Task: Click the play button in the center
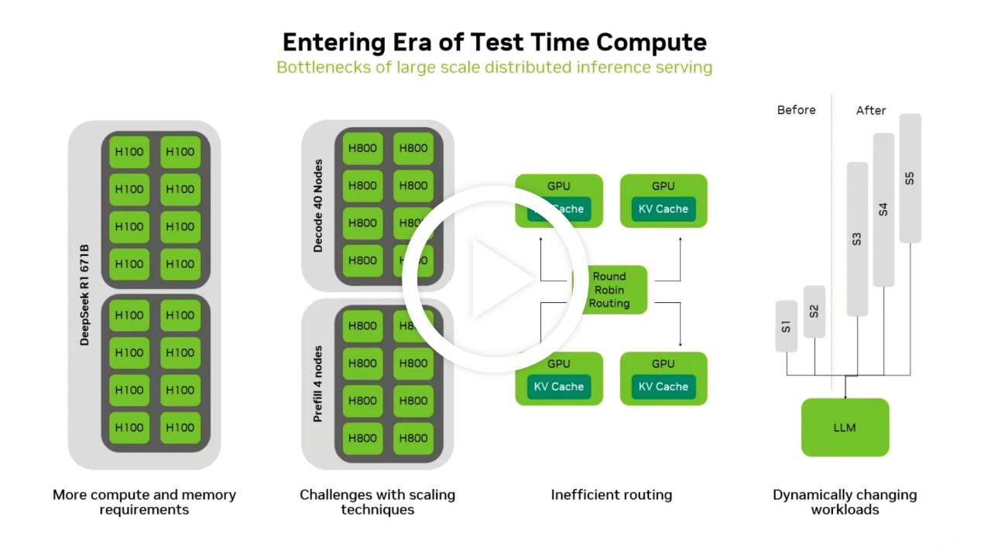coord(495,279)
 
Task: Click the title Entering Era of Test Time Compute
coord(494,42)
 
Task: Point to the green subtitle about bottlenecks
coord(494,67)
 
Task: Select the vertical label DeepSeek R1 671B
coord(85,295)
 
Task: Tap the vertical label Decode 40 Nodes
coord(318,206)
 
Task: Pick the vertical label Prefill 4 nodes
coord(318,384)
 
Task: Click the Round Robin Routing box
coord(609,290)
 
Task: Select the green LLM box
coord(845,428)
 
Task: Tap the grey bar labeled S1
coord(786,326)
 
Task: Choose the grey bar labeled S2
coord(814,312)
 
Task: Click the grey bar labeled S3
coord(857,239)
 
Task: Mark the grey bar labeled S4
coord(883,209)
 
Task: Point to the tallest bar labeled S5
coord(910,178)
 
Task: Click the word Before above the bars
coord(796,110)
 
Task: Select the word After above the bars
coord(870,111)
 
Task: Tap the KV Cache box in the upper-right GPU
coord(663,209)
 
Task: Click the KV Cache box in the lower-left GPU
coord(558,387)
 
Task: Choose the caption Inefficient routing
coord(611,494)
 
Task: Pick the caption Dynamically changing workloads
coord(845,501)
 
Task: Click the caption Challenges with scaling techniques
coord(377,501)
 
